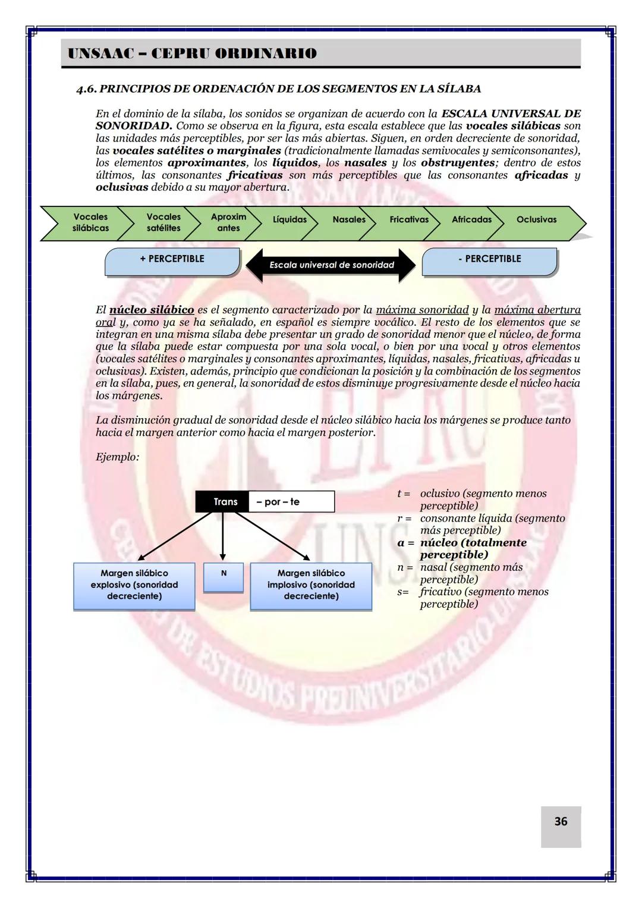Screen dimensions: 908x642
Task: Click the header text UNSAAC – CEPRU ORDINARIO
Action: pos(192,54)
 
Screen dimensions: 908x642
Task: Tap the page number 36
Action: pos(561,821)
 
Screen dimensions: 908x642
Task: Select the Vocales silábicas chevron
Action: pos(90,222)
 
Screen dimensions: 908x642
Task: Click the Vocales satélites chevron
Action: pos(163,222)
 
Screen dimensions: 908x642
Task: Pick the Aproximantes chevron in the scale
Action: pos(228,222)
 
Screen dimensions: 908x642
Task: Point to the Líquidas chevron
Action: pos(289,220)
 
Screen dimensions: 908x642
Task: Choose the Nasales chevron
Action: pos(349,220)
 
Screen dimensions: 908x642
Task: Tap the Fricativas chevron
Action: pos(408,220)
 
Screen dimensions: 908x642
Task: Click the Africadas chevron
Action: pos(471,220)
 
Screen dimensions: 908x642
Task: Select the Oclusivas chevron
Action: pos(536,220)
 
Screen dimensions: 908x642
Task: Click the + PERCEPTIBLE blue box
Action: pos(172,261)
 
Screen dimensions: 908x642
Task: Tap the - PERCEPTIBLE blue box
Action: pos(489,261)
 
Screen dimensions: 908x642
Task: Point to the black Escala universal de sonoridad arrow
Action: pos(331,265)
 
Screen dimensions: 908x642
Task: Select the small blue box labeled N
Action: pos(224,576)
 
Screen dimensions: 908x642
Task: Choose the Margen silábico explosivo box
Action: pos(134,585)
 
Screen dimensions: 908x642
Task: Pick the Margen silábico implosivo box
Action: pos(311,585)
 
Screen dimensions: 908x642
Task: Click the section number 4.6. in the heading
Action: pos(86,89)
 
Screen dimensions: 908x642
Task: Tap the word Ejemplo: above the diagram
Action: pos(117,457)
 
